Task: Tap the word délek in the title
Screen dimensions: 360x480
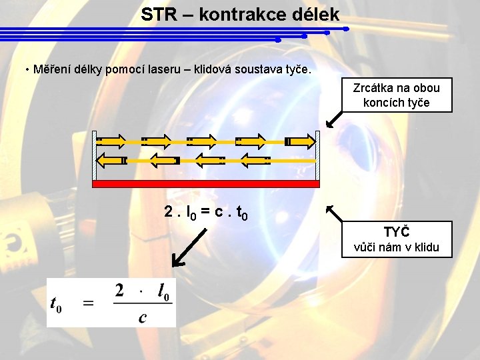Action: [315, 14]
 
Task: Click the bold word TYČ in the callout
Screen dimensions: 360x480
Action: [396, 232]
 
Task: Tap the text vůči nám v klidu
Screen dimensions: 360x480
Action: [396, 247]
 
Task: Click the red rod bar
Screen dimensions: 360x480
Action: [206, 184]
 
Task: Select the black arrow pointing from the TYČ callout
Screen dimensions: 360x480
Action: [335, 214]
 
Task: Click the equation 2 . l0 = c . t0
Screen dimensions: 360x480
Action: [206, 213]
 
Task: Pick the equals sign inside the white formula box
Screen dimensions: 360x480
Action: [88, 303]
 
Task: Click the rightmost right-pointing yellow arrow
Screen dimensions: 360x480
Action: [300, 141]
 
